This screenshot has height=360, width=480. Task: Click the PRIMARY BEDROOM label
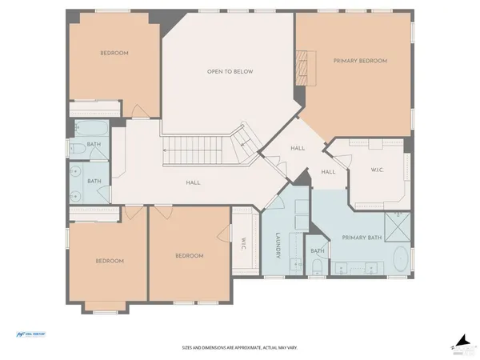pyautogui.click(x=360, y=61)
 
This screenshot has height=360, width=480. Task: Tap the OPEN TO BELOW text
pyautogui.click(x=230, y=71)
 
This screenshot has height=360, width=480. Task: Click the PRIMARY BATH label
pyautogui.click(x=359, y=238)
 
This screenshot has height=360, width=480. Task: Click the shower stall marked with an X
pyautogui.click(x=398, y=227)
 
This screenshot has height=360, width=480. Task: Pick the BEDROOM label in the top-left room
pyautogui.click(x=114, y=53)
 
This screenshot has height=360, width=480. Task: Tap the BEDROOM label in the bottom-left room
pyautogui.click(x=110, y=261)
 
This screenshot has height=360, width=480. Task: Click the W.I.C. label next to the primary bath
pyautogui.click(x=378, y=170)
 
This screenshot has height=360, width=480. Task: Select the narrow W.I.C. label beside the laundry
pyautogui.click(x=243, y=245)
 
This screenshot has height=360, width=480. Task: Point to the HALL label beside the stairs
pyautogui.click(x=193, y=182)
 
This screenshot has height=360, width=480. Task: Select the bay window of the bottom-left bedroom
pyautogui.click(x=105, y=307)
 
